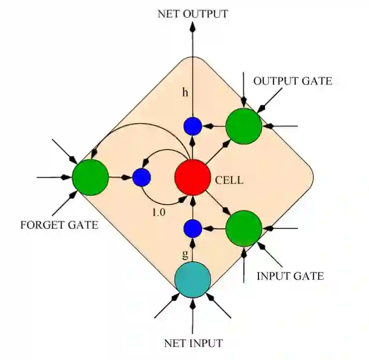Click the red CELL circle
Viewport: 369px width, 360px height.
(192, 177)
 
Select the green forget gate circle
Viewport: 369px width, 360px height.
(90, 177)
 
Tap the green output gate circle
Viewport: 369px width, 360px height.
(243, 126)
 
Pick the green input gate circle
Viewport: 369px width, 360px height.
(243, 228)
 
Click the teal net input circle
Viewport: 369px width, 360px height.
(192, 280)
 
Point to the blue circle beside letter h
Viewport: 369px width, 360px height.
(192, 126)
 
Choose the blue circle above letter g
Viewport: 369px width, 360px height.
(192, 228)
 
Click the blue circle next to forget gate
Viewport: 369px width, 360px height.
(141, 177)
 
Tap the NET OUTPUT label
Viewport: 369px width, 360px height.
(192, 14)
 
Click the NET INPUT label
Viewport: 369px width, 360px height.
(193, 343)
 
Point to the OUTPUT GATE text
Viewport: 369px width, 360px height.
(292, 81)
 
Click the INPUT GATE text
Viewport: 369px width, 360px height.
(290, 276)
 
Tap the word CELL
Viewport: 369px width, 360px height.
(229, 181)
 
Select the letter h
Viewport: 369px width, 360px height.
(185, 93)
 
